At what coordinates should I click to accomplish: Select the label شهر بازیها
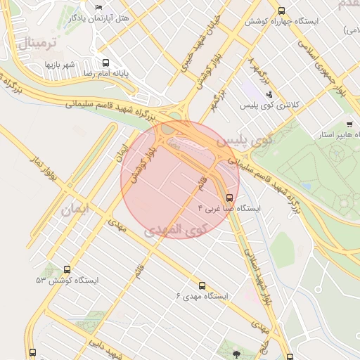pyautogui.click(x=60, y=65)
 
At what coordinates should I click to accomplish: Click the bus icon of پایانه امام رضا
pyautogui.click(x=106, y=62)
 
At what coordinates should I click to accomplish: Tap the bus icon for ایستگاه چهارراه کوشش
pyautogui.click(x=282, y=11)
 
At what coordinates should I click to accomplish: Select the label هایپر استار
pyautogui.click(x=335, y=134)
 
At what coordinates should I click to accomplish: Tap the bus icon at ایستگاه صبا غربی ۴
pyautogui.click(x=230, y=198)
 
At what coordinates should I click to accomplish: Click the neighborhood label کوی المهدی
pyautogui.click(x=176, y=229)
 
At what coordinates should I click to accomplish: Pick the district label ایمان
pyautogui.click(x=75, y=209)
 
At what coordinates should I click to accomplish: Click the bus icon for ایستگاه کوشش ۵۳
pyautogui.click(x=67, y=269)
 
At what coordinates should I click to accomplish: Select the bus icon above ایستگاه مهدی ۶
pyautogui.click(x=202, y=285)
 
